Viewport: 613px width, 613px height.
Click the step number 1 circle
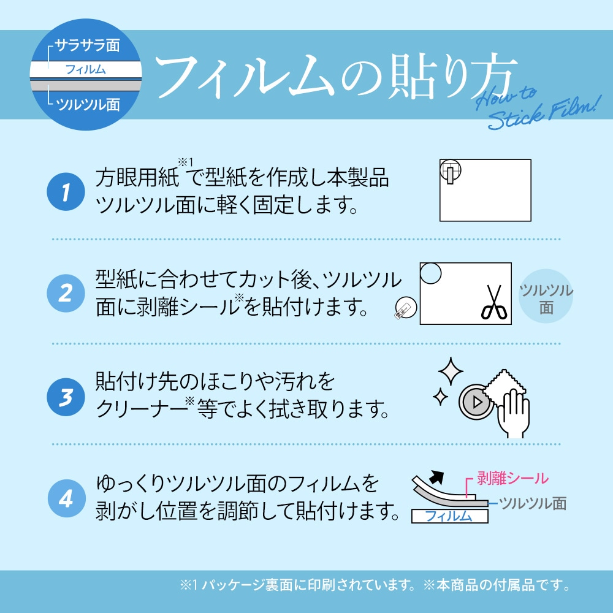coord(66,191)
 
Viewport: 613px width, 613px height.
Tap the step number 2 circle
coord(66,293)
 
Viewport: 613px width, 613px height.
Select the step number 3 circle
coord(66,397)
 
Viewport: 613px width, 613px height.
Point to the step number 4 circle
coord(66,498)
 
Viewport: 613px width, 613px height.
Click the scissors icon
coord(494,302)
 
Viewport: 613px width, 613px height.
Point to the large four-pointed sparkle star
coord(451,371)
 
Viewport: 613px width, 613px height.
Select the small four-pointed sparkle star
coord(440,397)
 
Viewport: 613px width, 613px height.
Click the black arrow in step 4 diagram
coord(436,477)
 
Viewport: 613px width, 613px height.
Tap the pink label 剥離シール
coord(512,478)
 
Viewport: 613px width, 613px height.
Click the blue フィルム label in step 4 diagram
coord(449,516)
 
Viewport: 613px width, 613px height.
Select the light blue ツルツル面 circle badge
coord(546,296)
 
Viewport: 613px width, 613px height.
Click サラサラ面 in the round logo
coord(87,45)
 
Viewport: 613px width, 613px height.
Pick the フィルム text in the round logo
coord(85,70)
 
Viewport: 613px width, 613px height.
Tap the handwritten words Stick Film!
coord(543,113)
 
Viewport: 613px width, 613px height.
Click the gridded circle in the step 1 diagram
coord(451,171)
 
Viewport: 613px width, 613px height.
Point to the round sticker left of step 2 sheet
coord(406,308)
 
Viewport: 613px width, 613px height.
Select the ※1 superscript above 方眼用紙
coord(185,162)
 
